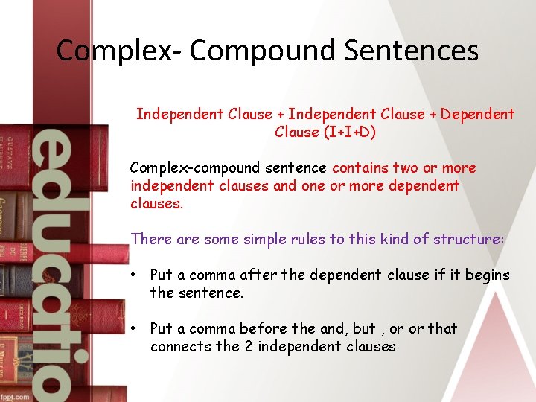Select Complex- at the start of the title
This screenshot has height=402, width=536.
point(118,51)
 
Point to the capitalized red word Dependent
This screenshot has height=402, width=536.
point(477,114)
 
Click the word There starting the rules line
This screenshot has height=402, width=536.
point(151,239)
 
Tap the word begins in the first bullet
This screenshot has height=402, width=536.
point(486,275)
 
